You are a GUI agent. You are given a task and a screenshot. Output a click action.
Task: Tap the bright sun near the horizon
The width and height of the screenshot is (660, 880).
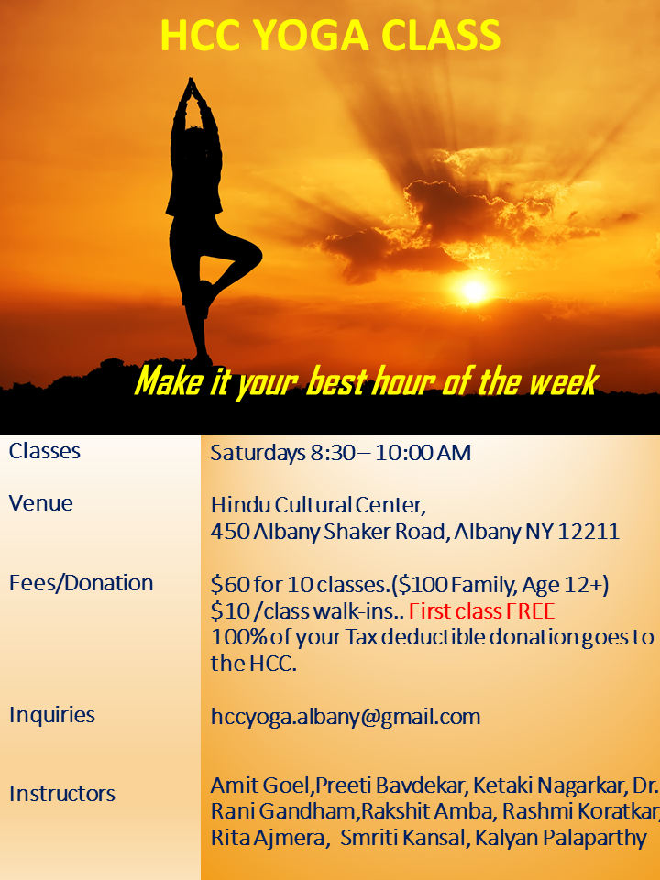pos(474,290)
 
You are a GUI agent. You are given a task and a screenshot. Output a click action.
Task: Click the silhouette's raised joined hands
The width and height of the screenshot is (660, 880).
pos(192,89)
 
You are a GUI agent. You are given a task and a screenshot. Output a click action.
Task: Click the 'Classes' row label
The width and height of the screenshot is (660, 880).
pos(45,451)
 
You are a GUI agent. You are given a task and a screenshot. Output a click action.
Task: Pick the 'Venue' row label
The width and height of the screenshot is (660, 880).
pos(41,503)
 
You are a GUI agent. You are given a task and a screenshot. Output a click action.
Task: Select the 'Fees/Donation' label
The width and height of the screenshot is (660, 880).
pos(82,583)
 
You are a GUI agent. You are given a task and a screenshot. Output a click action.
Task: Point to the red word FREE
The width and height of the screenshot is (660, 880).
pos(531,611)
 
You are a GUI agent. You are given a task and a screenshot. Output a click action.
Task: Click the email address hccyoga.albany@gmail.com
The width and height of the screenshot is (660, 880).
pos(346,717)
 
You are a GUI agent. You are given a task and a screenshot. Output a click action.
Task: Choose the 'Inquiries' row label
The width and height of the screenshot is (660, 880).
pos(52,715)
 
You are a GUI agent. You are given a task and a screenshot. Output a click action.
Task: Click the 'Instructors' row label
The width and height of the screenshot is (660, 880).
pos(62,794)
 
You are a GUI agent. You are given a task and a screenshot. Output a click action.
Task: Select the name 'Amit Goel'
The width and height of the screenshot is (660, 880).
pos(259,786)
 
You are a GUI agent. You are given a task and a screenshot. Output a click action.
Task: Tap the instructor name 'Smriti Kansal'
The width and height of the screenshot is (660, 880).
pos(402,838)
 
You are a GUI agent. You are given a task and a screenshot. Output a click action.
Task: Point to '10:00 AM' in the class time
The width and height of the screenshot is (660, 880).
pos(423,453)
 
